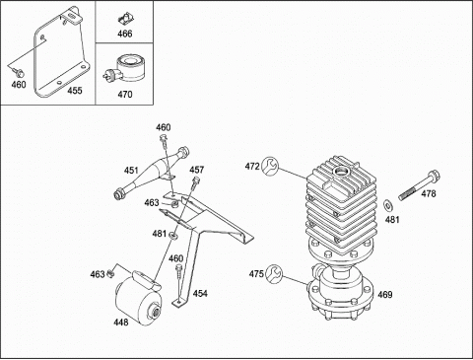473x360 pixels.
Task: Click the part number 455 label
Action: pos(75,91)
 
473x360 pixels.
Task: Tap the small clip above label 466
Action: pos(126,19)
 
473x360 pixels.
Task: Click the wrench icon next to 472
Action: pos(270,166)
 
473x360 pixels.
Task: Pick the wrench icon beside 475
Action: pos(274,273)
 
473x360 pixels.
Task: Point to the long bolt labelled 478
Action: pos(419,185)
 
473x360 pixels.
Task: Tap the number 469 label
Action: pos(385,294)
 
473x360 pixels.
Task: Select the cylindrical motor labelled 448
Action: pos(139,299)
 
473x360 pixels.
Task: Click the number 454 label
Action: pos(200,293)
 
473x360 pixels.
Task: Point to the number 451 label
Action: pos(131,171)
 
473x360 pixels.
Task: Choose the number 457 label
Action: pos(196,170)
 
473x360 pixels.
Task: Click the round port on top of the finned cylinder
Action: pos(341,171)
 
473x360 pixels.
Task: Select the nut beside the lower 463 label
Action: pos(111,273)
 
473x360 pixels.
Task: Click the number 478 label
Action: pos(429,193)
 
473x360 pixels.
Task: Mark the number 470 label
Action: pos(125,95)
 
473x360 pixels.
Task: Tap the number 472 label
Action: pos(252,167)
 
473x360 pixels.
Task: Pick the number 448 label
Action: pos(121,323)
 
